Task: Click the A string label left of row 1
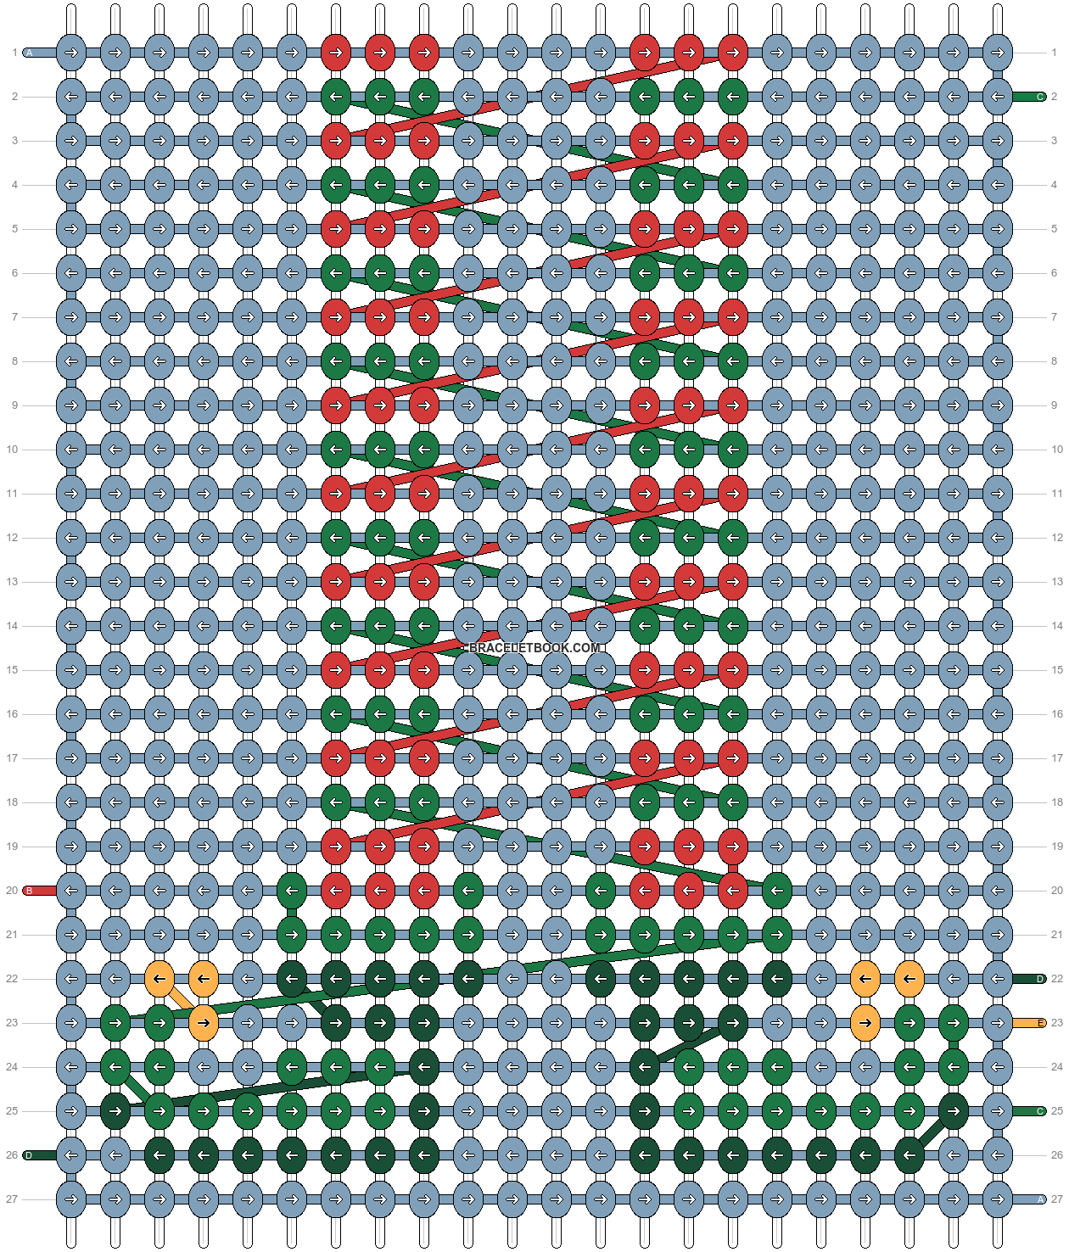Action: point(30,53)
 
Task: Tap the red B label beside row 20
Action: point(30,891)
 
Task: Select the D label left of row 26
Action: point(30,1155)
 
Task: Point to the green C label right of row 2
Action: point(1039,97)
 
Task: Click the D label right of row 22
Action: point(1039,979)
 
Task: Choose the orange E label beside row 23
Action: point(1039,1023)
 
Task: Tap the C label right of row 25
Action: point(1039,1111)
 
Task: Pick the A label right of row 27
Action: point(1039,1199)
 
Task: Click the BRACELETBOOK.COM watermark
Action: point(534,648)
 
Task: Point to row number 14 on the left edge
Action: point(12,626)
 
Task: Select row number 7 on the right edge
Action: point(1055,317)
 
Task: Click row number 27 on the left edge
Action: point(12,1199)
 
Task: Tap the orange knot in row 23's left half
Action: point(204,1023)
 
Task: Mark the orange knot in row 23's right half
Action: point(865,1023)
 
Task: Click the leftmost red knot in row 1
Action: point(336,53)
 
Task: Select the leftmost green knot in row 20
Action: point(292,891)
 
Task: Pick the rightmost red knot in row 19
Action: point(733,847)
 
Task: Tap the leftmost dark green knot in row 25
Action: point(115,1111)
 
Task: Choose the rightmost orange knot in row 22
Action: point(909,979)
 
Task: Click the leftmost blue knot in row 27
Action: point(71,1199)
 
